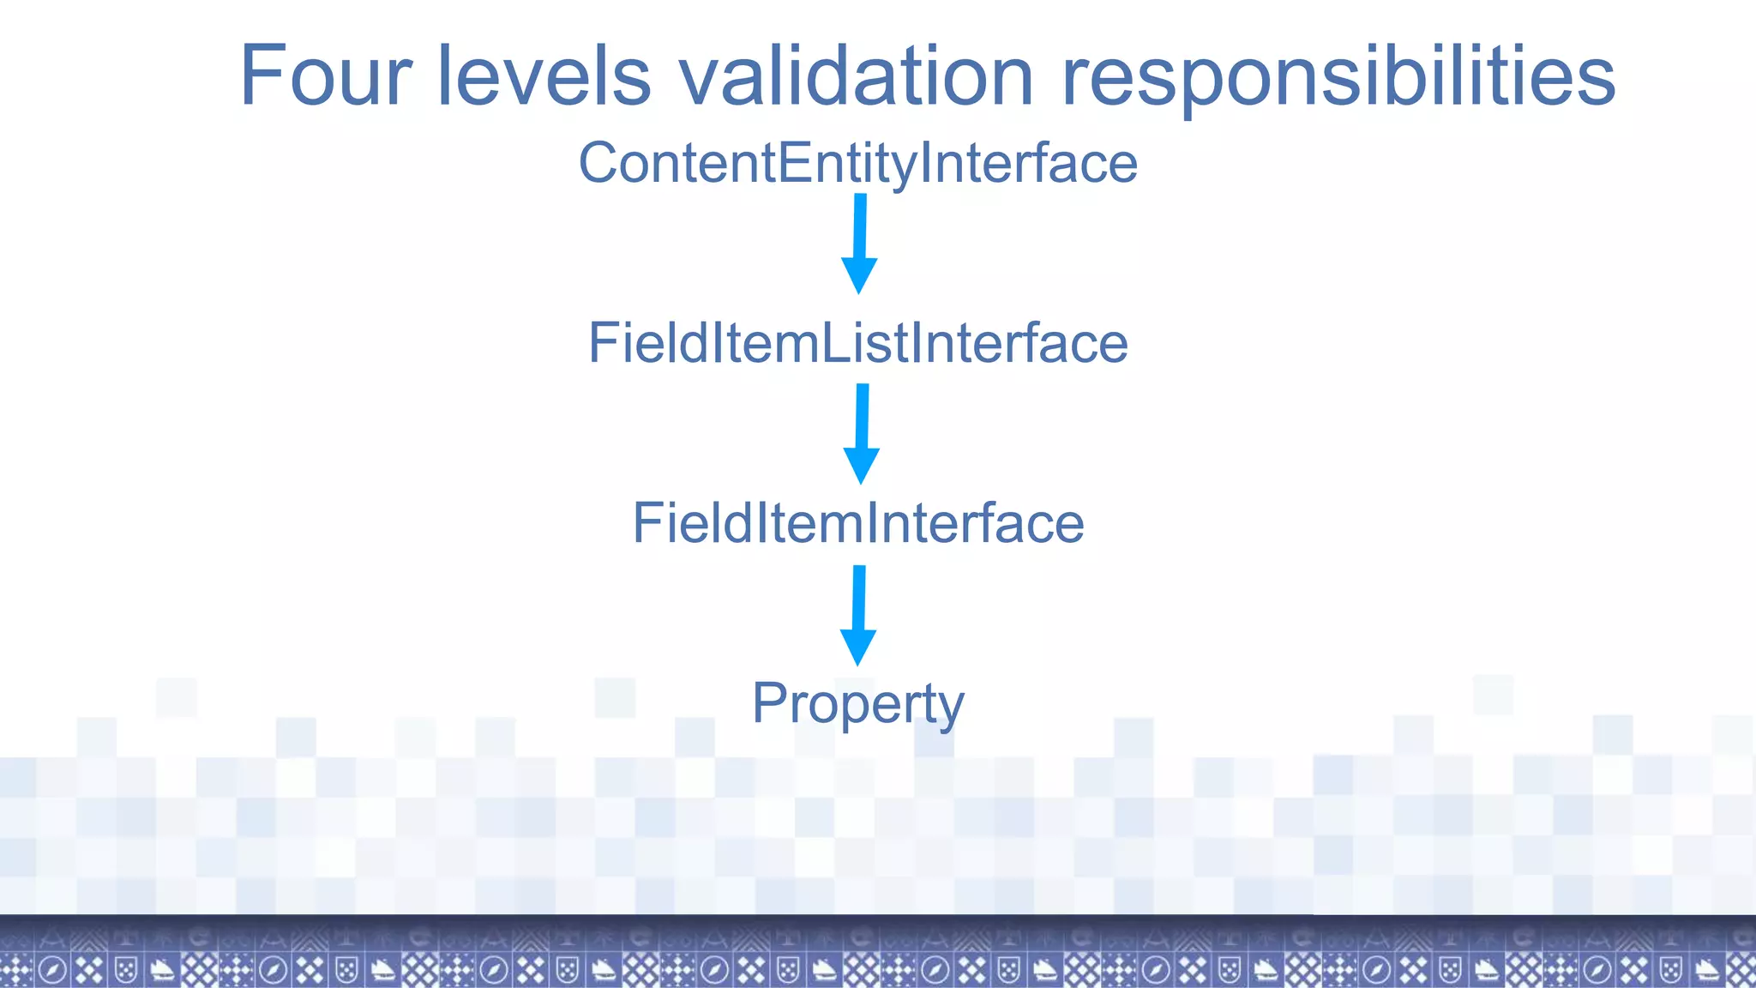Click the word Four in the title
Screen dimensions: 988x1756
click(326, 77)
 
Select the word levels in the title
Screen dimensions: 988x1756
click(544, 77)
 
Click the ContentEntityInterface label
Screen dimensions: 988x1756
click(857, 163)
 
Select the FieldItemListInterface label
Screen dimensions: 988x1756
click(857, 343)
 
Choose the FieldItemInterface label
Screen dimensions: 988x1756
click(857, 523)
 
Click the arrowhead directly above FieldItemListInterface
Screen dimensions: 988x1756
click(859, 276)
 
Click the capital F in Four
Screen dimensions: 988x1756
click(262, 77)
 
